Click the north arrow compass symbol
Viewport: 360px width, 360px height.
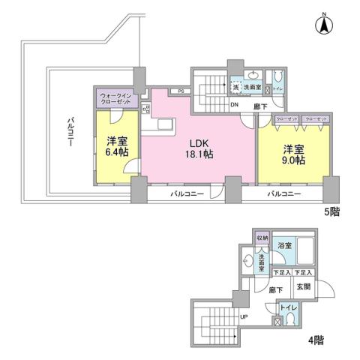click(x=324, y=24)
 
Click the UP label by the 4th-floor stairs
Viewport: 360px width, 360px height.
click(x=243, y=317)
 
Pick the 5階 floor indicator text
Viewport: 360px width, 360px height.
click(x=331, y=211)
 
